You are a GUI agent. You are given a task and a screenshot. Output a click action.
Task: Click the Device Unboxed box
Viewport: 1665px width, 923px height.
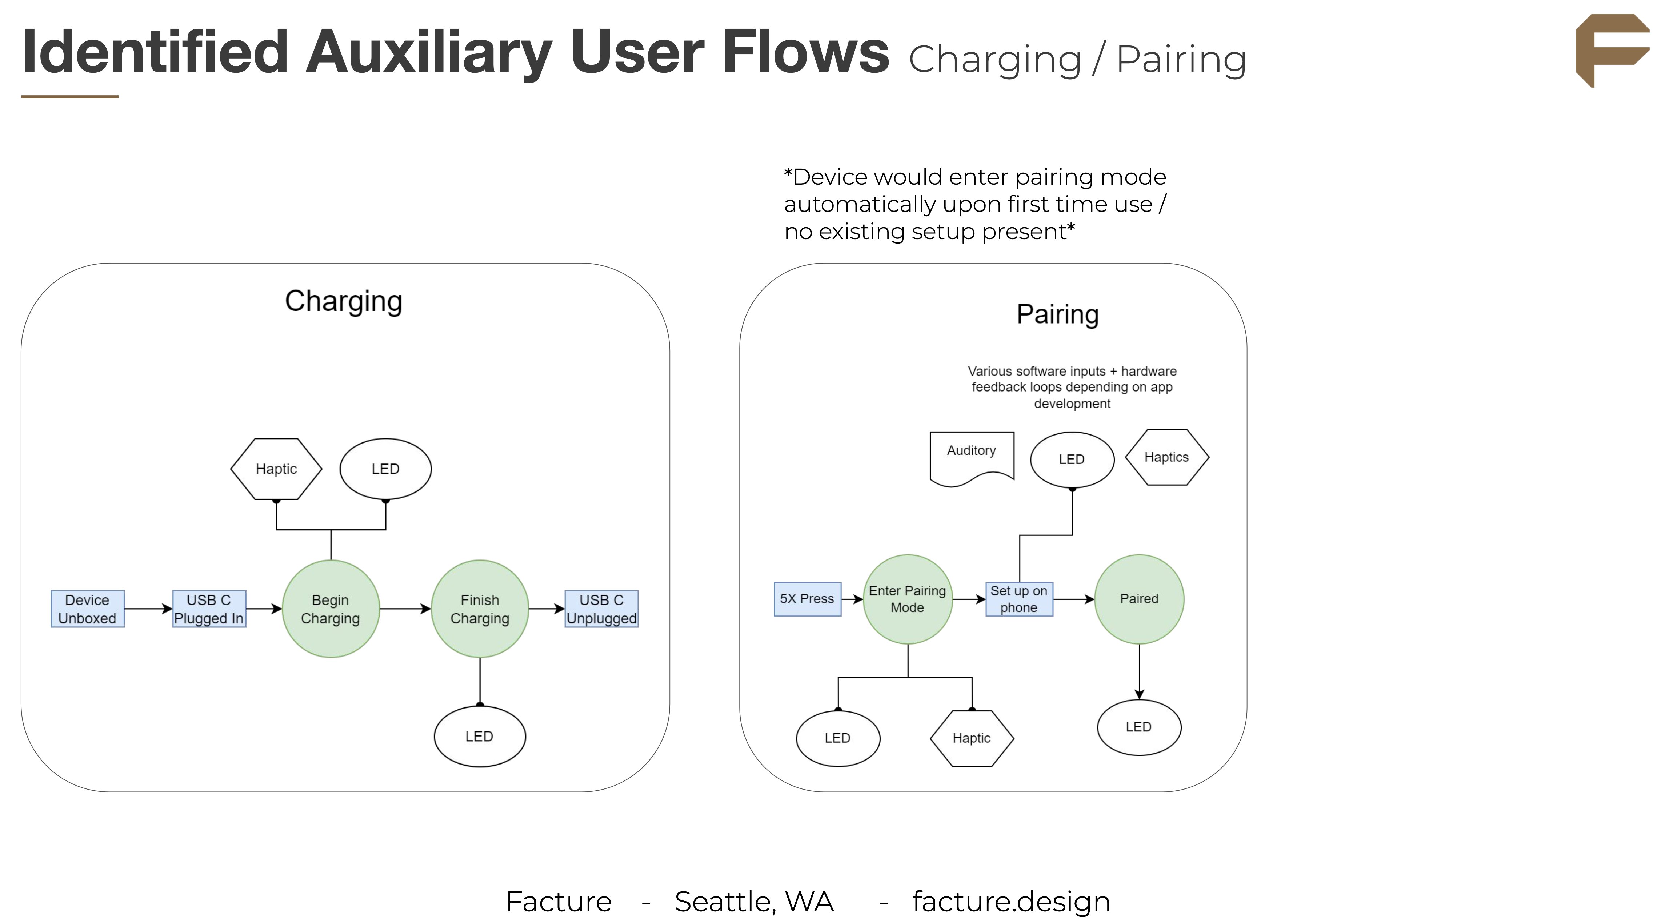click(x=87, y=609)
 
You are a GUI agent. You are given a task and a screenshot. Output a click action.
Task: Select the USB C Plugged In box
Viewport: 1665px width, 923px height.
click(x=209, y=609)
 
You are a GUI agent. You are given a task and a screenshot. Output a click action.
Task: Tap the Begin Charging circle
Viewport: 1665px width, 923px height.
click(x=330, y=609)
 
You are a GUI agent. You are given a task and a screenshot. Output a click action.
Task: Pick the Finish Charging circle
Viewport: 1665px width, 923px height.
click(x=480, y=609)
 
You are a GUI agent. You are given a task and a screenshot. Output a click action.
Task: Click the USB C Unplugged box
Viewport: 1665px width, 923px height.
click(x=601, y=609)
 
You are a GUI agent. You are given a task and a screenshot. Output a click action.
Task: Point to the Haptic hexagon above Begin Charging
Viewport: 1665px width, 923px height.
click(x=276, y=469)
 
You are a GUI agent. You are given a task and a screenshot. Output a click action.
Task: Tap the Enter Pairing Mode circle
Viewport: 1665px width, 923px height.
click(x=908, y=599)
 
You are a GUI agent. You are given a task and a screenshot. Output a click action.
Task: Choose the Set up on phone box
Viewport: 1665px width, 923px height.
click(x=1018, y=599)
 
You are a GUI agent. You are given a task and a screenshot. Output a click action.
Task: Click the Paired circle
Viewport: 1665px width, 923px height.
click(x=1139, y=599)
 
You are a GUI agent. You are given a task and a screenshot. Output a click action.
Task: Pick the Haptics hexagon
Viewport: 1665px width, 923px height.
click(x=1166, y=457)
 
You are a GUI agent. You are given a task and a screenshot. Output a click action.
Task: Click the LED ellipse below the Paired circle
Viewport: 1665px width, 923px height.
click(x=1139, y=727)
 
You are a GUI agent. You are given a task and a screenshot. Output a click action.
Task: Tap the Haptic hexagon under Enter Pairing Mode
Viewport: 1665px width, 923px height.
click(x=972, y=738)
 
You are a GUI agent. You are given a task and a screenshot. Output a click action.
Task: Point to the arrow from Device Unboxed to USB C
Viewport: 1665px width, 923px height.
click(x=148, y=609)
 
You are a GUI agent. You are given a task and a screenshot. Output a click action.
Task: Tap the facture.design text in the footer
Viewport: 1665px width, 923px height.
click(x=1011, y=902)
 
